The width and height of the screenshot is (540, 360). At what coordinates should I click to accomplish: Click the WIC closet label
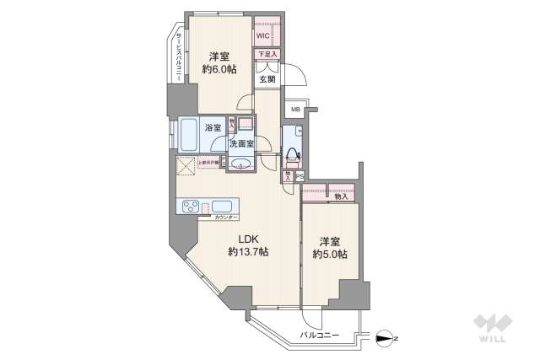click(x=262, y=37)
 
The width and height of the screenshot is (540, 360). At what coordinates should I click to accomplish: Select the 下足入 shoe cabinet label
click(x=267, y=55)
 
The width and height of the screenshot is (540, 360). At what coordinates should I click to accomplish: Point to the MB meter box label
click(x=295, y=110)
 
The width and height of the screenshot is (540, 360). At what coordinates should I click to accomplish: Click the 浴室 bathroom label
click(x=213, y=128)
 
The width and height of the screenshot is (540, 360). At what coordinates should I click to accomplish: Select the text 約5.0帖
click(x=330, y=254)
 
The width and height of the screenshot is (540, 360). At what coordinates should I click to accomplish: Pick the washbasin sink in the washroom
click(x=240, y=163)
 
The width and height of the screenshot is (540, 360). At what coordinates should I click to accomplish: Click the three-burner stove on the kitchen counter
click(x=191, y=207)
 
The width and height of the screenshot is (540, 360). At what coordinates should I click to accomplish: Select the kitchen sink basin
click(x=224, y=206)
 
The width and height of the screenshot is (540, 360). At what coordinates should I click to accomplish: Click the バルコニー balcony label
click(x=320, y=336)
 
